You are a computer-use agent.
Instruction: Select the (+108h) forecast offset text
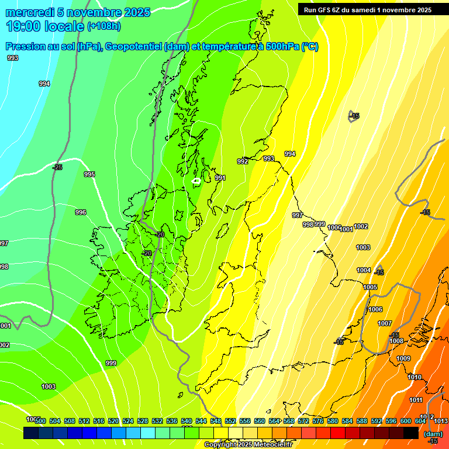105,26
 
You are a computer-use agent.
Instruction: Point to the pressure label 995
89,174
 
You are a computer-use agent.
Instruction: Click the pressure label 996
81,212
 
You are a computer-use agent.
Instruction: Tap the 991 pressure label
220,178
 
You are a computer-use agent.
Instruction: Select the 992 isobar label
242,161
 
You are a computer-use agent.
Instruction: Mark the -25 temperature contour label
57,167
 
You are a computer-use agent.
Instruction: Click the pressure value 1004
364,270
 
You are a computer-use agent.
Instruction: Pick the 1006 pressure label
375,309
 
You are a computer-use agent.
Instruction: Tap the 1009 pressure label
403,358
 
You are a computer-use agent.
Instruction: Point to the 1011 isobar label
416,400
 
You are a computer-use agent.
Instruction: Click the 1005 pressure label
370,287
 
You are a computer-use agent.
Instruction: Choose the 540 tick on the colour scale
186,421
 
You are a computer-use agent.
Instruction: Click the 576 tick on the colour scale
318,421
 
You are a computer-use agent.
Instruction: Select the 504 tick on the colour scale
55,421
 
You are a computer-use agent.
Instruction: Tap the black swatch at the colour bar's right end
411,433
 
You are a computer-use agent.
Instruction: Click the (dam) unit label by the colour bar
433,433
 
